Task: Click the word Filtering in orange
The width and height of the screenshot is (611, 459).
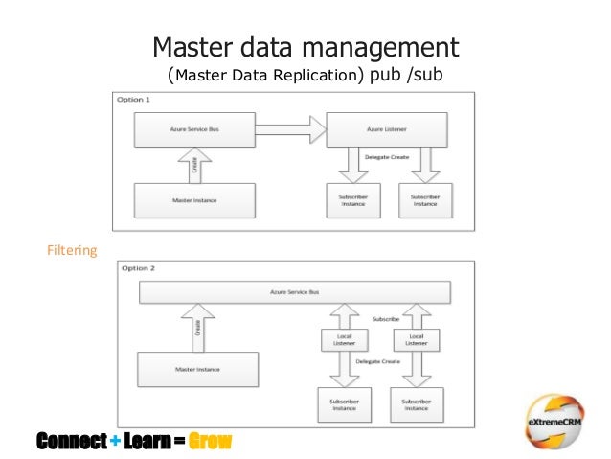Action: (x=73, y=251)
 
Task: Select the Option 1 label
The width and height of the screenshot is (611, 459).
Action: (x=133, y=101)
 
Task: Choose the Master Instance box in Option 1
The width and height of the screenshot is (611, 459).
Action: (x=194, y=199)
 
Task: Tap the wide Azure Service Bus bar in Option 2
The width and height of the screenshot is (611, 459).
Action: (x=295, y=292)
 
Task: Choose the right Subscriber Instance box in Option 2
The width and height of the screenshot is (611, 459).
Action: (x=417, y=402)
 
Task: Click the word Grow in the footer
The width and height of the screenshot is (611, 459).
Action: (x=210, y=442)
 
